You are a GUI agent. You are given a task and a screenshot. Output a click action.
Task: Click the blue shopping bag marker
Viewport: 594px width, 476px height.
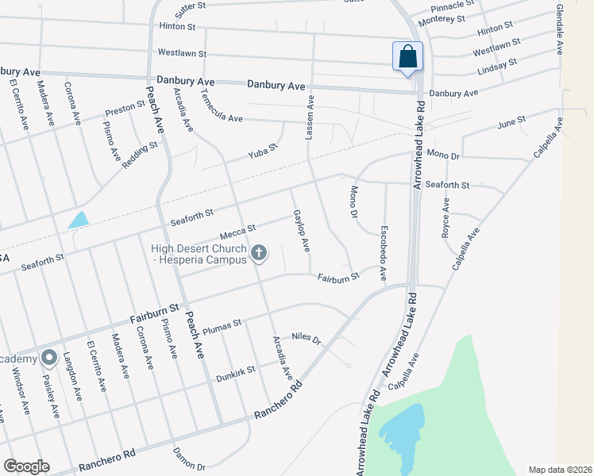[x=407, y=57]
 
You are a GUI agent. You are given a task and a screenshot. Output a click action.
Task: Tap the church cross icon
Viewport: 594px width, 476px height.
[x=258, y=253]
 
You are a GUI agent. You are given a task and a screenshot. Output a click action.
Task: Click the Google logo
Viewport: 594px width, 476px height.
[x=26, y=466]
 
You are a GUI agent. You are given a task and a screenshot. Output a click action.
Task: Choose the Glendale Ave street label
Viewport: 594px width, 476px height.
[x=560, y=29]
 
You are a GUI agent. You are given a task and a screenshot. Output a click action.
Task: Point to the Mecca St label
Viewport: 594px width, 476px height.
[x=238, y=231]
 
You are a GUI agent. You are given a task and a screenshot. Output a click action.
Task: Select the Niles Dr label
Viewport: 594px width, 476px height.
[x=306, y=339]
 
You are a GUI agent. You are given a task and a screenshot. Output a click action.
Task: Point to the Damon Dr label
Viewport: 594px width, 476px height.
[x=190, y=459]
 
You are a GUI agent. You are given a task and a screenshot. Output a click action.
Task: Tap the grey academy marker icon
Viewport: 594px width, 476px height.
[x=48, y=357]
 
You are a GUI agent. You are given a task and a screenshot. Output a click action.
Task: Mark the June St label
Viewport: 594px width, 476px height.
[x=511, y=123]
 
